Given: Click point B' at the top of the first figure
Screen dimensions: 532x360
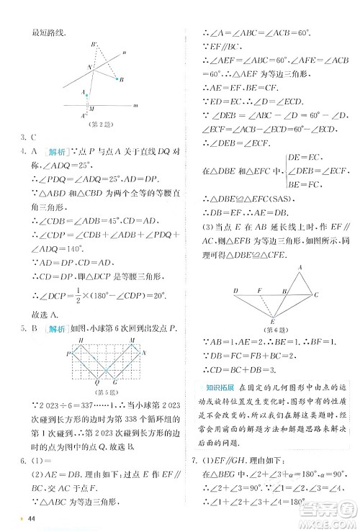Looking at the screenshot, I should tap(94, 45).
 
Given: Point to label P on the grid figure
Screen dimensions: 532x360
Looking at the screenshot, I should tap(68, 354).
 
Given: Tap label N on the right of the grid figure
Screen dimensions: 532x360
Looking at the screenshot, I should tap(144, 354).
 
